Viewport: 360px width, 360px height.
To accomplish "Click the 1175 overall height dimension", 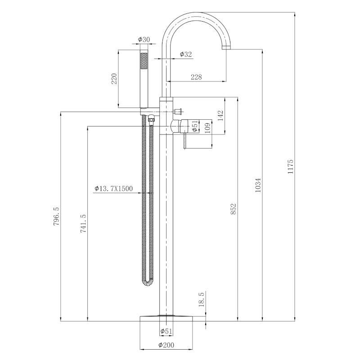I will tap(291, 166).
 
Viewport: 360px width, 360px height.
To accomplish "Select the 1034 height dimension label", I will tap(258, 185).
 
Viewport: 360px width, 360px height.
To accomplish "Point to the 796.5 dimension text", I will tap(57, 216).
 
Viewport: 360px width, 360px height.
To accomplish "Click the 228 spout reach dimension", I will tap(196, 77).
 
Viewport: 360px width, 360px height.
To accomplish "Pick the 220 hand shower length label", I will tap(114, 79).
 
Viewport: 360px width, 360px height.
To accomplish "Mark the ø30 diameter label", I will tap(144, 40).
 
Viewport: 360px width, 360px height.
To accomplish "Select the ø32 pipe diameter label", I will tap(186, 54).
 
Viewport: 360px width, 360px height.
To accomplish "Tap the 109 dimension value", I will tap(207, 128).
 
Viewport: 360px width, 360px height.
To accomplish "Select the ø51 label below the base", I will tap(166, 332).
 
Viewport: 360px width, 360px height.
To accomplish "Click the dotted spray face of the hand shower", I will tap(144, 61).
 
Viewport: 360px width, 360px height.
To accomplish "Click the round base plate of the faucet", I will tap(166, 317).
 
